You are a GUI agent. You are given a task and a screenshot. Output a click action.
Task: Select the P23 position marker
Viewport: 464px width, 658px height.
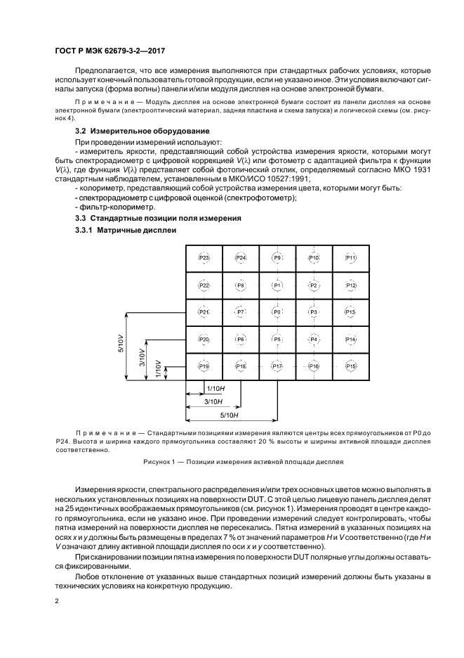click(204, 258)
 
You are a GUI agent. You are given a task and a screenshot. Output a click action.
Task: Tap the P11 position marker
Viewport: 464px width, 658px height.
click(351, 258)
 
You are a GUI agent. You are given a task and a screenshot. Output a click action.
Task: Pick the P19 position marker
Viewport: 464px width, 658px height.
click(204, 366)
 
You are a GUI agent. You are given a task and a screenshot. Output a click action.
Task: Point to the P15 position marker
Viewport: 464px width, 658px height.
click(351, 366)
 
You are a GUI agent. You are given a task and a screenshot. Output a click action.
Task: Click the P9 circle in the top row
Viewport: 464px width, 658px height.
click(277, 258)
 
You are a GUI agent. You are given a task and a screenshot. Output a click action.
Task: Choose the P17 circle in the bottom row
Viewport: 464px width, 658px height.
click(277, 366)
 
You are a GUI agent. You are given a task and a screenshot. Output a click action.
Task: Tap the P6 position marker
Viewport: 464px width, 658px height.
click(241, 339)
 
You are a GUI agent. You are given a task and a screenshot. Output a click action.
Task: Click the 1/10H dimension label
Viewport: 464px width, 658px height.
click(216, 388)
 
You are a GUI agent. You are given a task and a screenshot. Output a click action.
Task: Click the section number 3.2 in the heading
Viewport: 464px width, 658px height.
click(81, 131)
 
